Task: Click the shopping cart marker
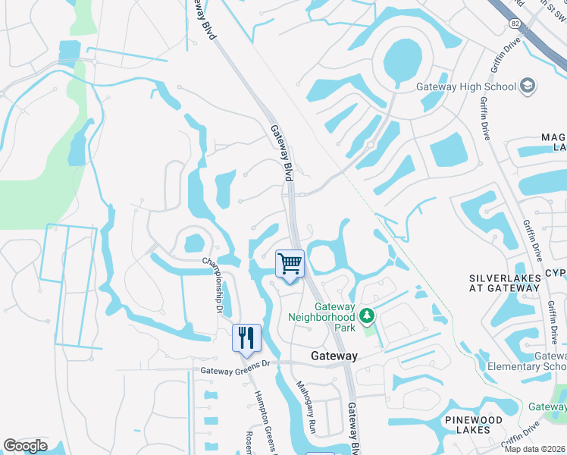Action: [290, 265]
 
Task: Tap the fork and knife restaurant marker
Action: [246, 338]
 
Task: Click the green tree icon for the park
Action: [367, 315]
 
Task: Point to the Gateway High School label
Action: [466, 86]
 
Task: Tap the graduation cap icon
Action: [527, 86]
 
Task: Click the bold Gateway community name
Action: [334, 355]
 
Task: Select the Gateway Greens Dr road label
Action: [235, 371]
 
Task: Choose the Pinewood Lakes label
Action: [496, 425]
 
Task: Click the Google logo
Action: [25, 446]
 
